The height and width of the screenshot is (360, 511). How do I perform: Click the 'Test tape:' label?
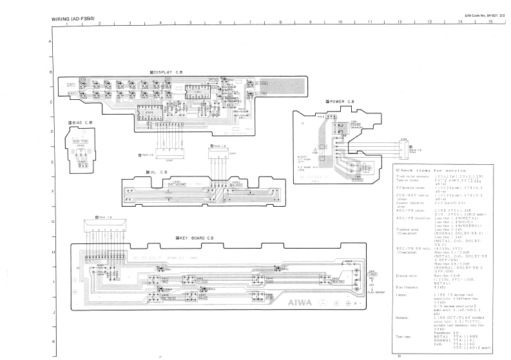tap(405, 335)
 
